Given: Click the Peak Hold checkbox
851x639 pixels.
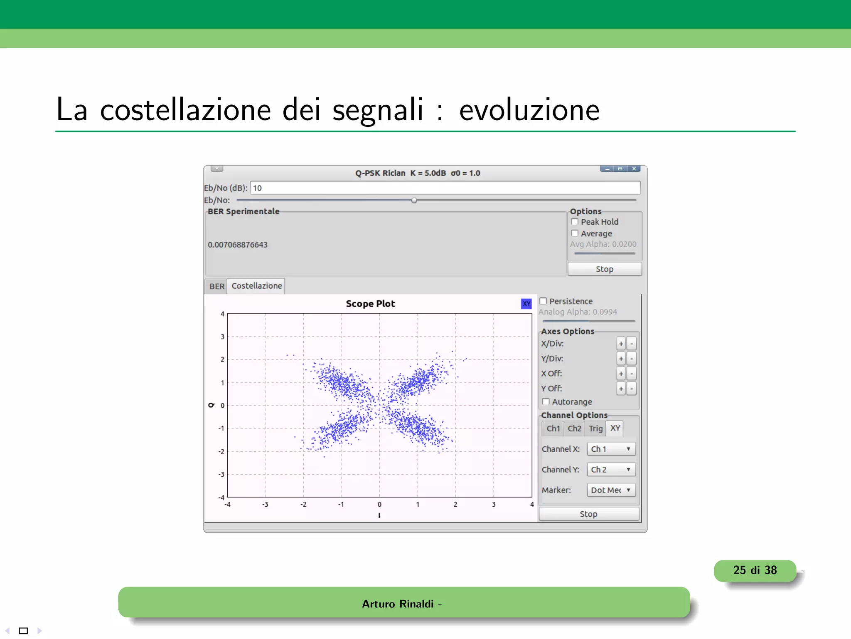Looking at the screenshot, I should click(575, 222).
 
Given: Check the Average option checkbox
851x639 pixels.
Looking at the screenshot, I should click(575, 233).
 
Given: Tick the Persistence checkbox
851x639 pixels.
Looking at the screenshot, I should click(543, 301).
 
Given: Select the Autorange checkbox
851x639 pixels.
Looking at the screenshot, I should click(546, 401).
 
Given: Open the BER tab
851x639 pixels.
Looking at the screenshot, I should click(216, 286).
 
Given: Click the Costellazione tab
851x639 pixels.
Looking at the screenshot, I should click(256, 286).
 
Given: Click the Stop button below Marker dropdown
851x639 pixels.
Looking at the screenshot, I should click(588, 514).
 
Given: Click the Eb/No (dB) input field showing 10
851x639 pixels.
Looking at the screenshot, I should click(445, 188).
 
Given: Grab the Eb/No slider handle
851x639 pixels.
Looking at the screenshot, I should click(414, 200).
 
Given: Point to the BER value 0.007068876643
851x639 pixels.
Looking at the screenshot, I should click(238, 245).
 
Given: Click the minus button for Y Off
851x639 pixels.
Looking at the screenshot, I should click(632, 389).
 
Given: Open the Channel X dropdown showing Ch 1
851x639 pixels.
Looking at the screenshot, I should click(611, 449).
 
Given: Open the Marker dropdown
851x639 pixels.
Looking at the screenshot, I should click(611, 490).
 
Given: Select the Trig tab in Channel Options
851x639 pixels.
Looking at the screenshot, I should click(595, 428).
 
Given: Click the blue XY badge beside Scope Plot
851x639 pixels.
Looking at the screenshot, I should click(526, 304).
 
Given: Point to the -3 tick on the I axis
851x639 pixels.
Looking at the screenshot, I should click(265, 504).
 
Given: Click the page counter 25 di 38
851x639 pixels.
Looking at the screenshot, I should click(755, 570).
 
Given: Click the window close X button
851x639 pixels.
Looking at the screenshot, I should click(634, 169).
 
